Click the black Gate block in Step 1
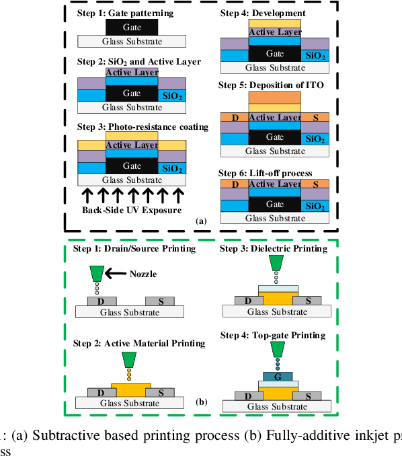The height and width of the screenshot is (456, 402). [132, 27]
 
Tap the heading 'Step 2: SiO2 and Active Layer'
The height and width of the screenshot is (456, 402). [138, 61]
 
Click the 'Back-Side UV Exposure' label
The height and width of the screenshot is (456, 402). [132, 210]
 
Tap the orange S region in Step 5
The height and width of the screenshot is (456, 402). [315, 117]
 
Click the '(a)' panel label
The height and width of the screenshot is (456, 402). [200, 220]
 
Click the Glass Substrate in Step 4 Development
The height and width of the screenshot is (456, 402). [274, 67]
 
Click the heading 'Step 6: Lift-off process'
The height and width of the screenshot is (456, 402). [265, 173]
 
